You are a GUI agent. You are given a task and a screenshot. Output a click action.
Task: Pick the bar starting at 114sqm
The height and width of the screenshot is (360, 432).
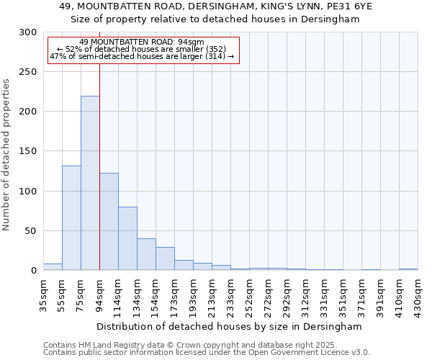pos(127,238)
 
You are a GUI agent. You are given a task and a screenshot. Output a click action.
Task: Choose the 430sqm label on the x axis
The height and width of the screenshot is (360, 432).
pos(418,294)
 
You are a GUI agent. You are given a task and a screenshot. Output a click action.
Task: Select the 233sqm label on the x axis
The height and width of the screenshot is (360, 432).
pos(230,294)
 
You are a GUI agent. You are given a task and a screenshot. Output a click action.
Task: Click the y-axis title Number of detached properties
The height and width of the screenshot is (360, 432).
pos(6,155)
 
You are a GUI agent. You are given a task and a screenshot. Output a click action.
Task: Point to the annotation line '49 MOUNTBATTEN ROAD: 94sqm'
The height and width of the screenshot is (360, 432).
pos(142,42)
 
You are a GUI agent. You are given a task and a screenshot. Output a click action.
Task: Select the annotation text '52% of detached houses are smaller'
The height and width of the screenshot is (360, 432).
pos(142,49)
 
